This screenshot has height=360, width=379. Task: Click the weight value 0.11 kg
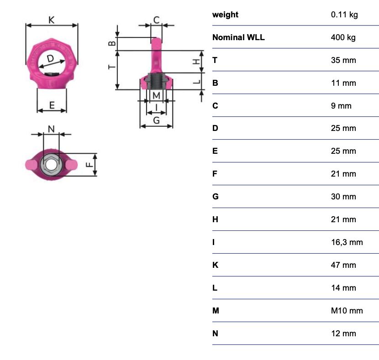344,15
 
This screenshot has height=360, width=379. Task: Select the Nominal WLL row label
238,37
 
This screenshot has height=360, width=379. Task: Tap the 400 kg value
343,37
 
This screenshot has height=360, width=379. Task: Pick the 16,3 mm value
347,242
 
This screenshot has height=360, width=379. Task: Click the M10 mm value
347,311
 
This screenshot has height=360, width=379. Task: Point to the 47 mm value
343,265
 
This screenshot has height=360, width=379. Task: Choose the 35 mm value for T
343,60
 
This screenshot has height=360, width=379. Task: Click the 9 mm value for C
341,106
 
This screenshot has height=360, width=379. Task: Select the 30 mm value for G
343,197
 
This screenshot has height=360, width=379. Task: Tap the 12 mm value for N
343,334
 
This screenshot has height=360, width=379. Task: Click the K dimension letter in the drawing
52,20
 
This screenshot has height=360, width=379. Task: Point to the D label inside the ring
50,58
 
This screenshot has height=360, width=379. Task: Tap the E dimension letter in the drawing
52,105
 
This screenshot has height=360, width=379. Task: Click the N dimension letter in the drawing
51,129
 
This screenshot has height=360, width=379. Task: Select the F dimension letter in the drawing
89,165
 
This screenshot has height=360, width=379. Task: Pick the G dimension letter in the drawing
156,120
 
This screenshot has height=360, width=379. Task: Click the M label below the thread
156,96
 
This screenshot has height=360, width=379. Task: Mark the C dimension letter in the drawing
156,20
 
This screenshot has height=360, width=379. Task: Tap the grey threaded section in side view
156,80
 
